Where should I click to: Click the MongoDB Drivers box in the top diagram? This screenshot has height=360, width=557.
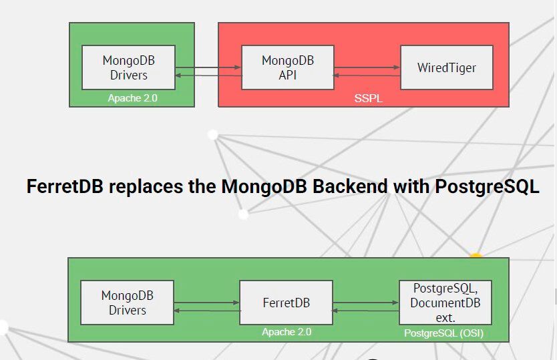[128, 67]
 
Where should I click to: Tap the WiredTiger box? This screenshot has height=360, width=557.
[446, 67]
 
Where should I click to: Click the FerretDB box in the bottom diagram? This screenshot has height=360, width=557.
[286, 303]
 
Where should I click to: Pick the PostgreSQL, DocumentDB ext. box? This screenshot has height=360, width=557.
[445, 303]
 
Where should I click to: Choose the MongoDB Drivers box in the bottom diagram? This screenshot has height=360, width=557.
[127, 303]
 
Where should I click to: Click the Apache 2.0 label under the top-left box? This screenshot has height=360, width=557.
[132, 98]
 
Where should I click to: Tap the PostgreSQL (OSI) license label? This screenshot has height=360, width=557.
[443, 333]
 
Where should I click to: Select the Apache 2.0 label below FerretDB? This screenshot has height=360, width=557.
[286, 332]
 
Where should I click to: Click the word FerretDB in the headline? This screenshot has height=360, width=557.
[65, 186]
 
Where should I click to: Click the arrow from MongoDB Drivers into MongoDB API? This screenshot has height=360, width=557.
[208, 67]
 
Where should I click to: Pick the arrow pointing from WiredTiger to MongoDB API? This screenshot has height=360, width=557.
[367, 75]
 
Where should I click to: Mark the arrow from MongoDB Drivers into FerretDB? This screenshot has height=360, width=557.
[207, 303]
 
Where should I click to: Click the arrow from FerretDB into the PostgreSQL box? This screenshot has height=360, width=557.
[365, 303]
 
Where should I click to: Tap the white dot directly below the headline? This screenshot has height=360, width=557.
[243, 214]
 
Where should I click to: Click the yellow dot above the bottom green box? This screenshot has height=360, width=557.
[476, 256]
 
